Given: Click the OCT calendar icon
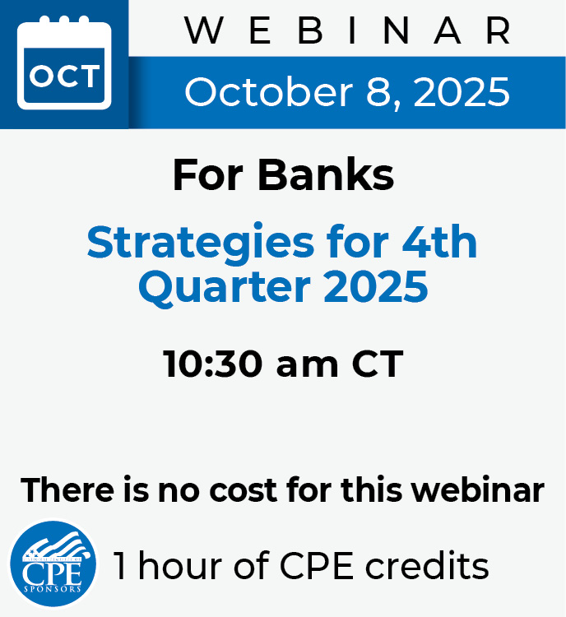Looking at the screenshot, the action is tap(64, 63).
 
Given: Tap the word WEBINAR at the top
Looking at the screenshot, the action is tap(347, 30).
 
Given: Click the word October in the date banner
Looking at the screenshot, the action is tap(269, 91).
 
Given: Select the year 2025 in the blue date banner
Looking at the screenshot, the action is tap(462, 91).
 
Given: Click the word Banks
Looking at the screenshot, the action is tap(326, 174).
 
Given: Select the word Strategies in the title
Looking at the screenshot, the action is tap(201, 243).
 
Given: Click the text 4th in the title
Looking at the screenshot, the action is tap(439, 241).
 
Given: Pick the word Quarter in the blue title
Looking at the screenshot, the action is tap(225, 286).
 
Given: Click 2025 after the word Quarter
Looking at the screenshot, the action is tap(375, 286).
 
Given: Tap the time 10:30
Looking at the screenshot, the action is tap(213, 364).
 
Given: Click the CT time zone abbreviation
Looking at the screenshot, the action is tap(378, 364).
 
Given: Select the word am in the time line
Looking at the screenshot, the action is tap(307, 366).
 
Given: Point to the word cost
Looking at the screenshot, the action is tap(244, 490).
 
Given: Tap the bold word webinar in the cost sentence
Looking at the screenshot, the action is tap(477, 489).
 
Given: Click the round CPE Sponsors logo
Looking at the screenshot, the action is tap(53, 564).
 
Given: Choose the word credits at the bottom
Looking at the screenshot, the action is tap(427, 565).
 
